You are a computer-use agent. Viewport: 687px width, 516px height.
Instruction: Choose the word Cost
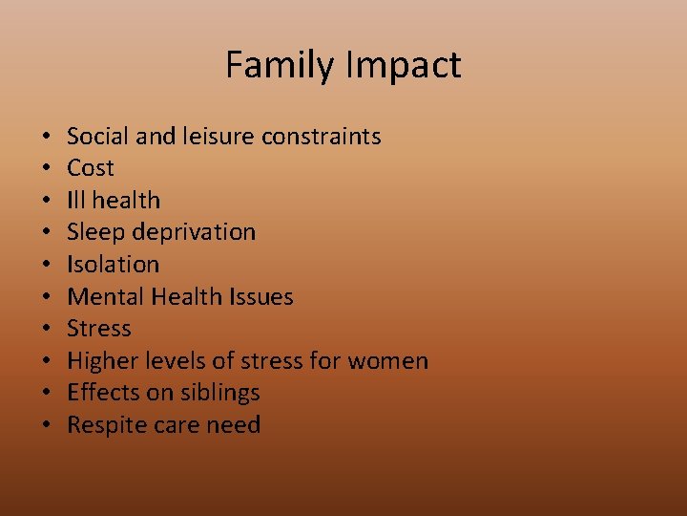[91, 168]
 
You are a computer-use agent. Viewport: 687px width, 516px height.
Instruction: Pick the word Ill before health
[75, 201]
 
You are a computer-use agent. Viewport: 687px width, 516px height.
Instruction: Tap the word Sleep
[95, 232]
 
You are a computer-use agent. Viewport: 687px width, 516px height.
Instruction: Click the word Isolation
[113, 265]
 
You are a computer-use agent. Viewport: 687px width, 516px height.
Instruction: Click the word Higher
[100, 361]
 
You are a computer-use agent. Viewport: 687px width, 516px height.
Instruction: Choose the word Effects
[102, 393]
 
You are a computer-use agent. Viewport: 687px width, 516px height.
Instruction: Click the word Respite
[104, 425]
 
